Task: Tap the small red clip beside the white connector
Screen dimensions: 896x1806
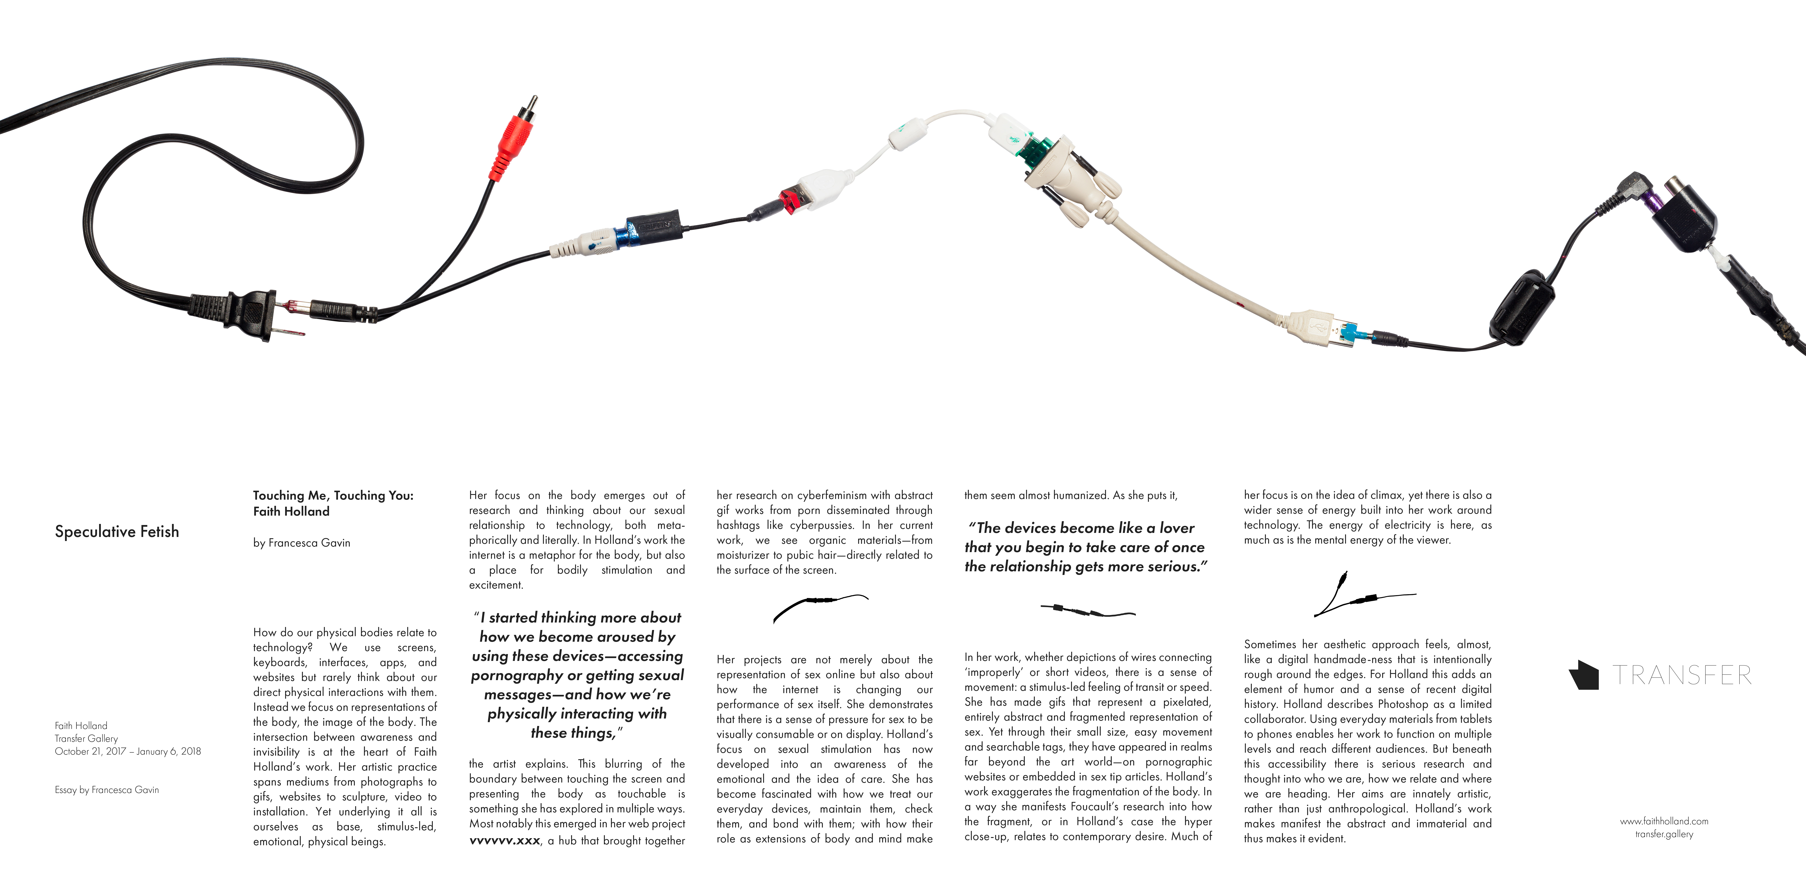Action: [x=791, y=200]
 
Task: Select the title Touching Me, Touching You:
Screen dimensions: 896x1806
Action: [x=333, y=495]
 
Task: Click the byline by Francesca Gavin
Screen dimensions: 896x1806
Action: [x=302, y=542]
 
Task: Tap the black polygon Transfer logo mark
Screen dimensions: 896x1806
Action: [x=1584, y=675]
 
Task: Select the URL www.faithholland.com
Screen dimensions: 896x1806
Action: [x=1664, y=821]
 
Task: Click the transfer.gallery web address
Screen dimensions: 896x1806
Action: [x=1664, y=834]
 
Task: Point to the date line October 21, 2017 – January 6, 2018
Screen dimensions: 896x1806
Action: [x=128, y=751]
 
